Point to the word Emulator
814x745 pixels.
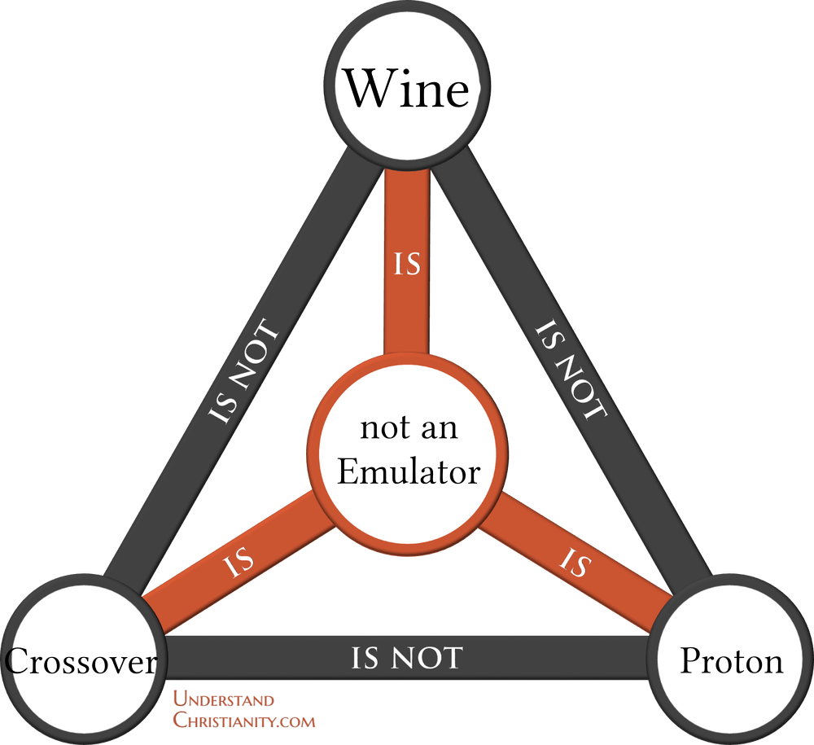409,471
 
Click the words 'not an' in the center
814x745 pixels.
409,428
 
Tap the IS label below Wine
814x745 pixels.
407,265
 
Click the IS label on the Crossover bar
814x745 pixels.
239,562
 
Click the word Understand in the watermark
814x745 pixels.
224,700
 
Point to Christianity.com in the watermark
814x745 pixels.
244,720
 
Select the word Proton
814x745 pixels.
731,661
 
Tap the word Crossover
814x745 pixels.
81,662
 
